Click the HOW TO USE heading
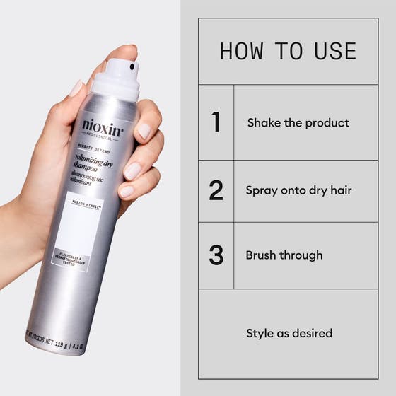pos(287,51)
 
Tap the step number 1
pos(216,122)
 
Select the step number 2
pos(216,191)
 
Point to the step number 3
pos(216,255)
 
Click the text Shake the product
pos(298,123)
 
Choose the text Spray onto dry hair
pos(298,190)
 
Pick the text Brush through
pos(284,255)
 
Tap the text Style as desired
pos(289,332)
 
